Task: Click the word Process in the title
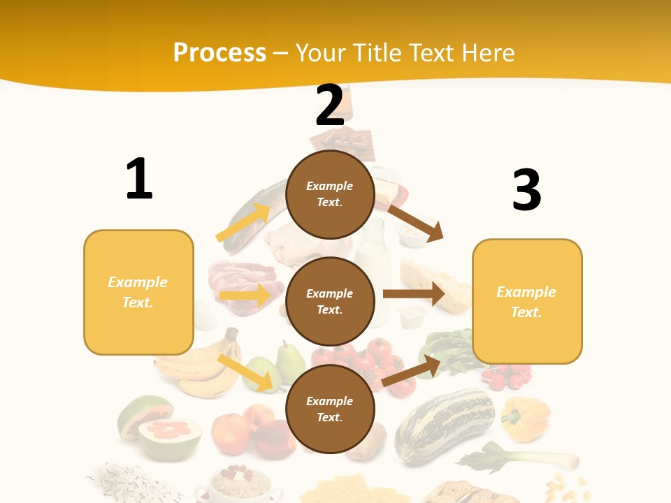pyautogui.click(x=219, y=52)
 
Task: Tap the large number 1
pyautogui.click(x=139, y=179)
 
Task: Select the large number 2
pyautogui.click(x=330, y=105)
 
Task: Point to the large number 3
pyautogui.click(x=526, y=190)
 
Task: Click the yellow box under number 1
pyautogui.click(x=138, y=292)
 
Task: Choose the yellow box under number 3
pyautogui.click(x=527, y=301)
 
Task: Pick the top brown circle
pyautogui.click(x=330, y=194)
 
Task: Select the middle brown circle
pyautogui.click(x=330, y=301)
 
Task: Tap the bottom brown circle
pyautogui.click(x=330, y=409)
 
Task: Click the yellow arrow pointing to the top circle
pyautogui.click(x=244, y=223)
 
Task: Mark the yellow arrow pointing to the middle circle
pyautogui.click(x=245, y=296)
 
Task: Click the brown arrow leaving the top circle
pyautogui.click(x=416, y=222)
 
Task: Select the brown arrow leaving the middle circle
pyautogui.click(x=414, y=294)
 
